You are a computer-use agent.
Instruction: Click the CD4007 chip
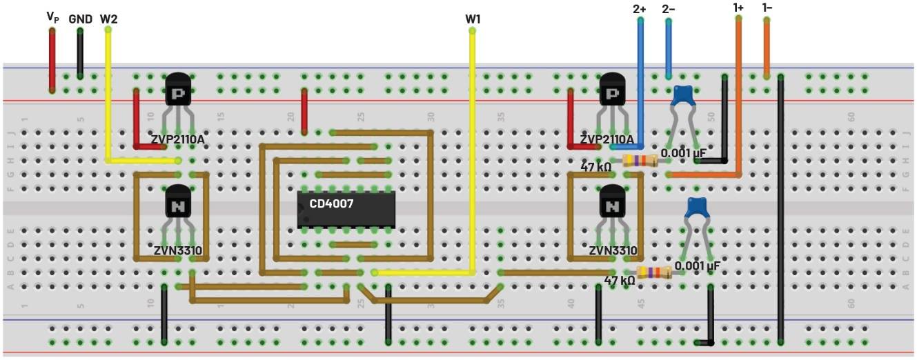coord(346,209)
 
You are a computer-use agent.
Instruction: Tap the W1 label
coord(473,19)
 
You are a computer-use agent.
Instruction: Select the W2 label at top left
coord(108,19)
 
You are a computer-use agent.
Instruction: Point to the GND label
coord(80,19)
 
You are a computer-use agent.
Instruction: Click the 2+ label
coord(640,9)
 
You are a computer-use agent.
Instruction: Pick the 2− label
coord(669,9)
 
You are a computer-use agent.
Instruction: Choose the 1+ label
coord(738,8)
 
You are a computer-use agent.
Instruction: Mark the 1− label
coord(767,8)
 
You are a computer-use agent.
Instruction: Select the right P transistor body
coord(611,90)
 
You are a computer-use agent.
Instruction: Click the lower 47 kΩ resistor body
coord(654,273)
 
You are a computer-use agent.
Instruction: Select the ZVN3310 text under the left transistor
coord(178,250)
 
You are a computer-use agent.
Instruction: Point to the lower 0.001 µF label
coord(698,265)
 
